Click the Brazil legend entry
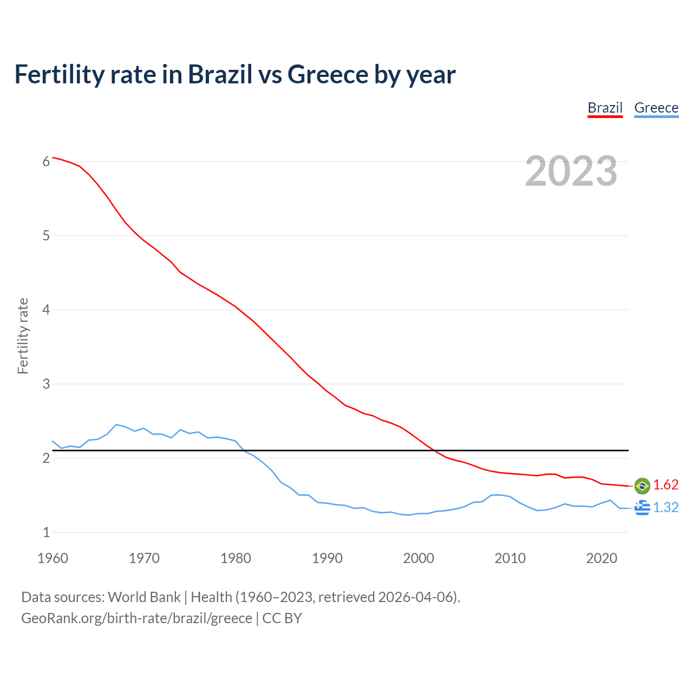(605, 108)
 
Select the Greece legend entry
(656, 108)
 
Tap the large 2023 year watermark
(571, 171)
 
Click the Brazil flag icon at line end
(642, 486)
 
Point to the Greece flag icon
(642, 507)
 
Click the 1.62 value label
(665, 485)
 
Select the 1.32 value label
(665, 507)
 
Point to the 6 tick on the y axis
(46, 161)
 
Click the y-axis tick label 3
(46, 384)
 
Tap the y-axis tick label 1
(46, 532)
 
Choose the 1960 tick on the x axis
(53, 558)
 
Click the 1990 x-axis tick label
(327, 558)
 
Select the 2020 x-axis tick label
(602, 558)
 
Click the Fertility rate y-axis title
(23, 336)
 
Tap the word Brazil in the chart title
(220, 74)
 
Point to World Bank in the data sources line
(144, 597)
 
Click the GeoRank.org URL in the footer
(136, 618)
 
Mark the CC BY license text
(282, 618)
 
